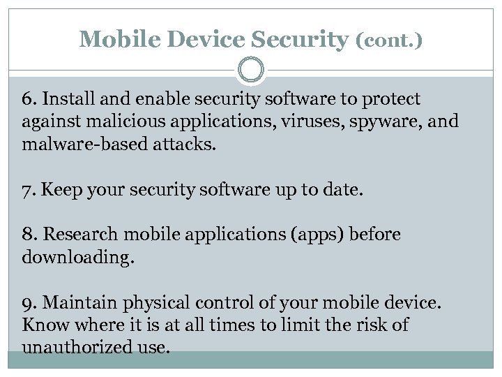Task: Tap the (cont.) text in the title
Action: tap(389, 40)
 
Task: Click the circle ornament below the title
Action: tap(251, 71)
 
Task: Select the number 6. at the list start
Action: tap(30, 99)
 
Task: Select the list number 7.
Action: tap(29, 190)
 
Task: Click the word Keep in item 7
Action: tap(58, 190)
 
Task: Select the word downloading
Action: tap(77, 257)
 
